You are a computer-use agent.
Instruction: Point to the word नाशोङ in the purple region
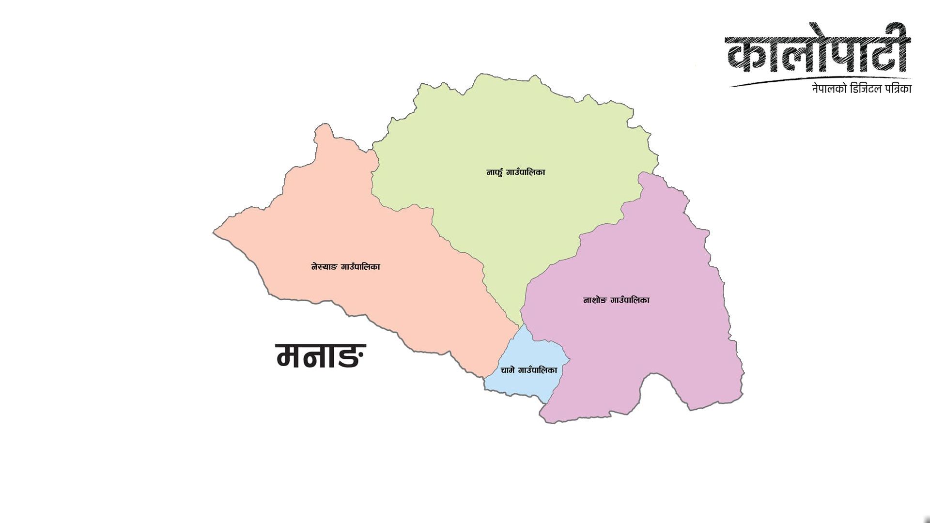594,300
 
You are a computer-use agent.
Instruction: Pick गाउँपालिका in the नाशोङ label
630,300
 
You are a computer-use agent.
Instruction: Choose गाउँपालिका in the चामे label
538,370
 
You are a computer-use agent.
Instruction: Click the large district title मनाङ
321,356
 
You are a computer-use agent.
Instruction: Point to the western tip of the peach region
216,232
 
